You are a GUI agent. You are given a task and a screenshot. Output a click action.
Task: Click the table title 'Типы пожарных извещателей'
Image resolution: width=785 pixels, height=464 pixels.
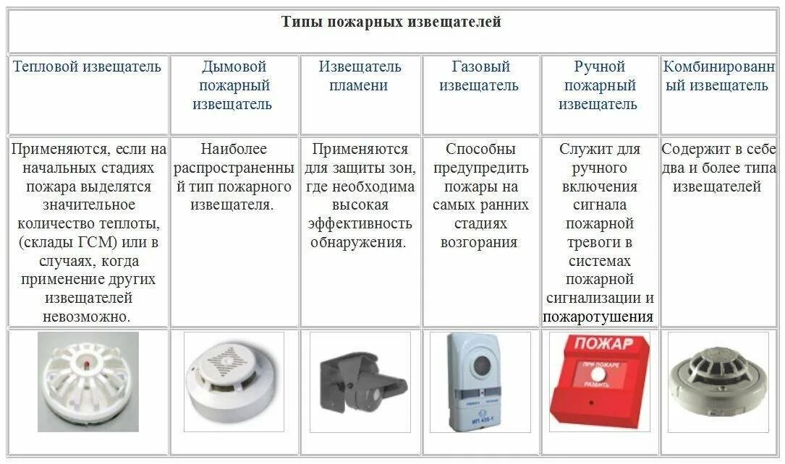coord(391,22)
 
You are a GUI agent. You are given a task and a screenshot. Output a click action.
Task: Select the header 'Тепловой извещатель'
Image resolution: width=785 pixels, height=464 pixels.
coord(87,67)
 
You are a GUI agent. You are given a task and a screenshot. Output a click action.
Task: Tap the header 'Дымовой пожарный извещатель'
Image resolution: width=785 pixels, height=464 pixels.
coord(234,85)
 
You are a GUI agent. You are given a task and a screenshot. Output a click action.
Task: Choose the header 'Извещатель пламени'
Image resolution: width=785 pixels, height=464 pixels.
coord(360,76)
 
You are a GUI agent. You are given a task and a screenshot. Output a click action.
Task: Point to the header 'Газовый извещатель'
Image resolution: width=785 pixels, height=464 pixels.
coord(480,76)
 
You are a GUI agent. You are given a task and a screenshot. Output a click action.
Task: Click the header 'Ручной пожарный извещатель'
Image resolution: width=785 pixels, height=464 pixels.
coord(598,85)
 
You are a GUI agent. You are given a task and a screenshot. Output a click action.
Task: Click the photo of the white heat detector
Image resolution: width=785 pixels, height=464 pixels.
coord(88,382)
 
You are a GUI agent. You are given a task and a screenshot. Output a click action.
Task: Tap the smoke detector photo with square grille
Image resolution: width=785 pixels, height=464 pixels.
coord(233,382)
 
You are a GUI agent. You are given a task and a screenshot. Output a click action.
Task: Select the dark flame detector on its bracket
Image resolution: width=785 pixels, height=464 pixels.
coord(360,381)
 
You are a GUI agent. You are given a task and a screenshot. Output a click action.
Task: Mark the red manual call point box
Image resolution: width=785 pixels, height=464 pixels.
coord(598,382)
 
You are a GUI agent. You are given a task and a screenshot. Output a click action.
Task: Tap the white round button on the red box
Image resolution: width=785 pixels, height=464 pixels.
coord(598,376)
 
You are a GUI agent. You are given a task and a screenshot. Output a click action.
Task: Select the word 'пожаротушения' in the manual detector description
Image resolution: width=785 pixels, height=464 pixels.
coord(598,317)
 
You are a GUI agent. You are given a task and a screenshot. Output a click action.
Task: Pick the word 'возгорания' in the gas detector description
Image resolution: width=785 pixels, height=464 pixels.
coord(480,243)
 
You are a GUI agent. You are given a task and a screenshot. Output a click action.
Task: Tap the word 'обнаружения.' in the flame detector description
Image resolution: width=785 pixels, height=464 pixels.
coord(359,243)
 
